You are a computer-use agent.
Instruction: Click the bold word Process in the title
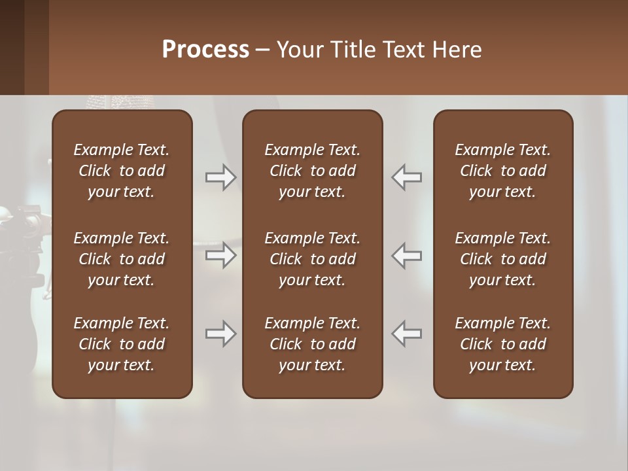205,50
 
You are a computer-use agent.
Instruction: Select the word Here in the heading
457,50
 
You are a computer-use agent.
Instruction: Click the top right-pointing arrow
220,177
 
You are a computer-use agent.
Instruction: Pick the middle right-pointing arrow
220,255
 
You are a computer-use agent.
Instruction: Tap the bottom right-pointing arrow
220,334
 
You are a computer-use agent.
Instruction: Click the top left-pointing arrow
407,177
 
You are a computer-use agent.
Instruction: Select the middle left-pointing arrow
407,255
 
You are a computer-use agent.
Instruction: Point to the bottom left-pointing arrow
407,334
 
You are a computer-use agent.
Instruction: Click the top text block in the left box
122,171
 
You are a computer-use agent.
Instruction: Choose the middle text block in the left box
122,259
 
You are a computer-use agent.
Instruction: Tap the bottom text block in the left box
122,344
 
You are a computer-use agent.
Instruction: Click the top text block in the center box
312,171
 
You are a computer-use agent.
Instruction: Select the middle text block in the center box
312,259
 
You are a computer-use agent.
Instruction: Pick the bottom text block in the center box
312,344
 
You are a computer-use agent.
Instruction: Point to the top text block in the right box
502,171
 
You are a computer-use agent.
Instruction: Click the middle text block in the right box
502,259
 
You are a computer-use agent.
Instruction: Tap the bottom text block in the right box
502,344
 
